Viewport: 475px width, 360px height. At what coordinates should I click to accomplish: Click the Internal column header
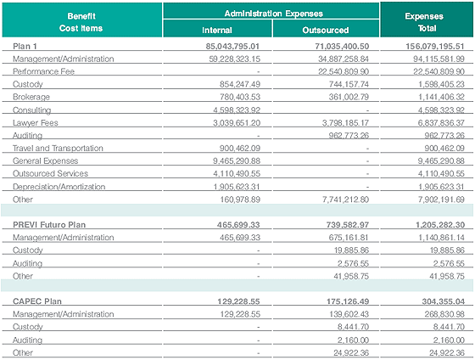coord(217,30)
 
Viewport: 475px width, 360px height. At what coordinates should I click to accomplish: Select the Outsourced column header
coord(326,30)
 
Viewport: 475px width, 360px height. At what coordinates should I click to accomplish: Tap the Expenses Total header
coord(424,22)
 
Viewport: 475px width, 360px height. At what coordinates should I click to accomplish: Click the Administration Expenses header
coord(273,14)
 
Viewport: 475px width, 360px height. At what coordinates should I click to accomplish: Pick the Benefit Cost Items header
coord(81,22)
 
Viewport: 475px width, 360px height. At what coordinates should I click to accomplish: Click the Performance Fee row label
coord(43,71)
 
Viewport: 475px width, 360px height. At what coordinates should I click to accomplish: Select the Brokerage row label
coord(31,97)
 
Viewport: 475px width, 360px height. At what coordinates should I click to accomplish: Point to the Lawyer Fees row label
coord(35,122)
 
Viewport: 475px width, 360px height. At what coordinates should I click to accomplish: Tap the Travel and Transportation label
coord(58,148)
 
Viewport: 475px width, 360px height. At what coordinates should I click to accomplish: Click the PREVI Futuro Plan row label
coord(49,225)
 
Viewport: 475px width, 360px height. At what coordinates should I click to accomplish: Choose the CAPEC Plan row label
coord(37,301)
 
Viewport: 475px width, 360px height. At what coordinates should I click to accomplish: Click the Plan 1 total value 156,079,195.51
coord(435,46)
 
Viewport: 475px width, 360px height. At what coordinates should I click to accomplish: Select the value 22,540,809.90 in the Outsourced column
coord(344,71)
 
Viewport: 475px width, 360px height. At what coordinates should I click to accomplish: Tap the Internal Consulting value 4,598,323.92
coord(237,110)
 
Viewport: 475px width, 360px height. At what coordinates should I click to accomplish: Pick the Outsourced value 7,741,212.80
coord(346,200)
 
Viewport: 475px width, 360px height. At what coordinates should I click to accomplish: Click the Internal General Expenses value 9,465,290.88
coord(237,160)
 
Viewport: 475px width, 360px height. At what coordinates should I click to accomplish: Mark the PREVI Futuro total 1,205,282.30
coord(440,225)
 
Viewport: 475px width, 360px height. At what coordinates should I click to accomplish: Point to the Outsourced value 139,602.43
coord(349,314)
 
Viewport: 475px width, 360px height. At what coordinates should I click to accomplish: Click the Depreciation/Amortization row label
coord(59,187)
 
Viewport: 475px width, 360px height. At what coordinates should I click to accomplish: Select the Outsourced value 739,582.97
coord(348,225)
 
